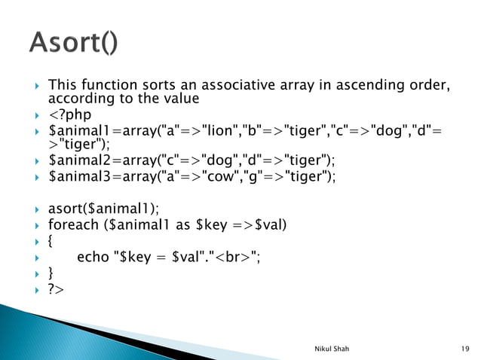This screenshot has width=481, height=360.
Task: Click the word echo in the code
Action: (91, 256)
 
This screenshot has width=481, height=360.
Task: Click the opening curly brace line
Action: (51, 240)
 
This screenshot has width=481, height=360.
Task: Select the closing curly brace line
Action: (51, 272)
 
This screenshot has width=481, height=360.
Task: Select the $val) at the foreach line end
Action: (277, 224)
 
